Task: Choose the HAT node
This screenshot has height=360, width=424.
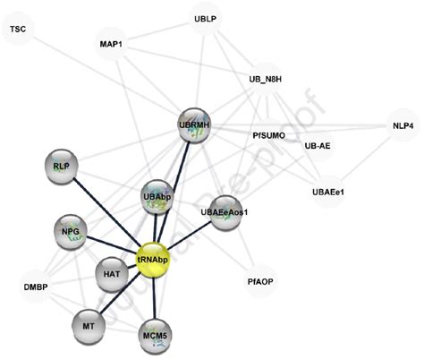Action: tap(113, 274)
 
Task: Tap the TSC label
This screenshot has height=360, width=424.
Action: tap(18, 30)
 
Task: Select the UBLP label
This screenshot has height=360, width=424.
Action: tap(207, 18)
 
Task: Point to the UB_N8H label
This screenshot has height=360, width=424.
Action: tap(266, 80)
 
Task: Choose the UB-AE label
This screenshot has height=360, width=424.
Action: tap(318, 145)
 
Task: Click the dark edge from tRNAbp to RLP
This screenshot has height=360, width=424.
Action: tap(106, 212)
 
